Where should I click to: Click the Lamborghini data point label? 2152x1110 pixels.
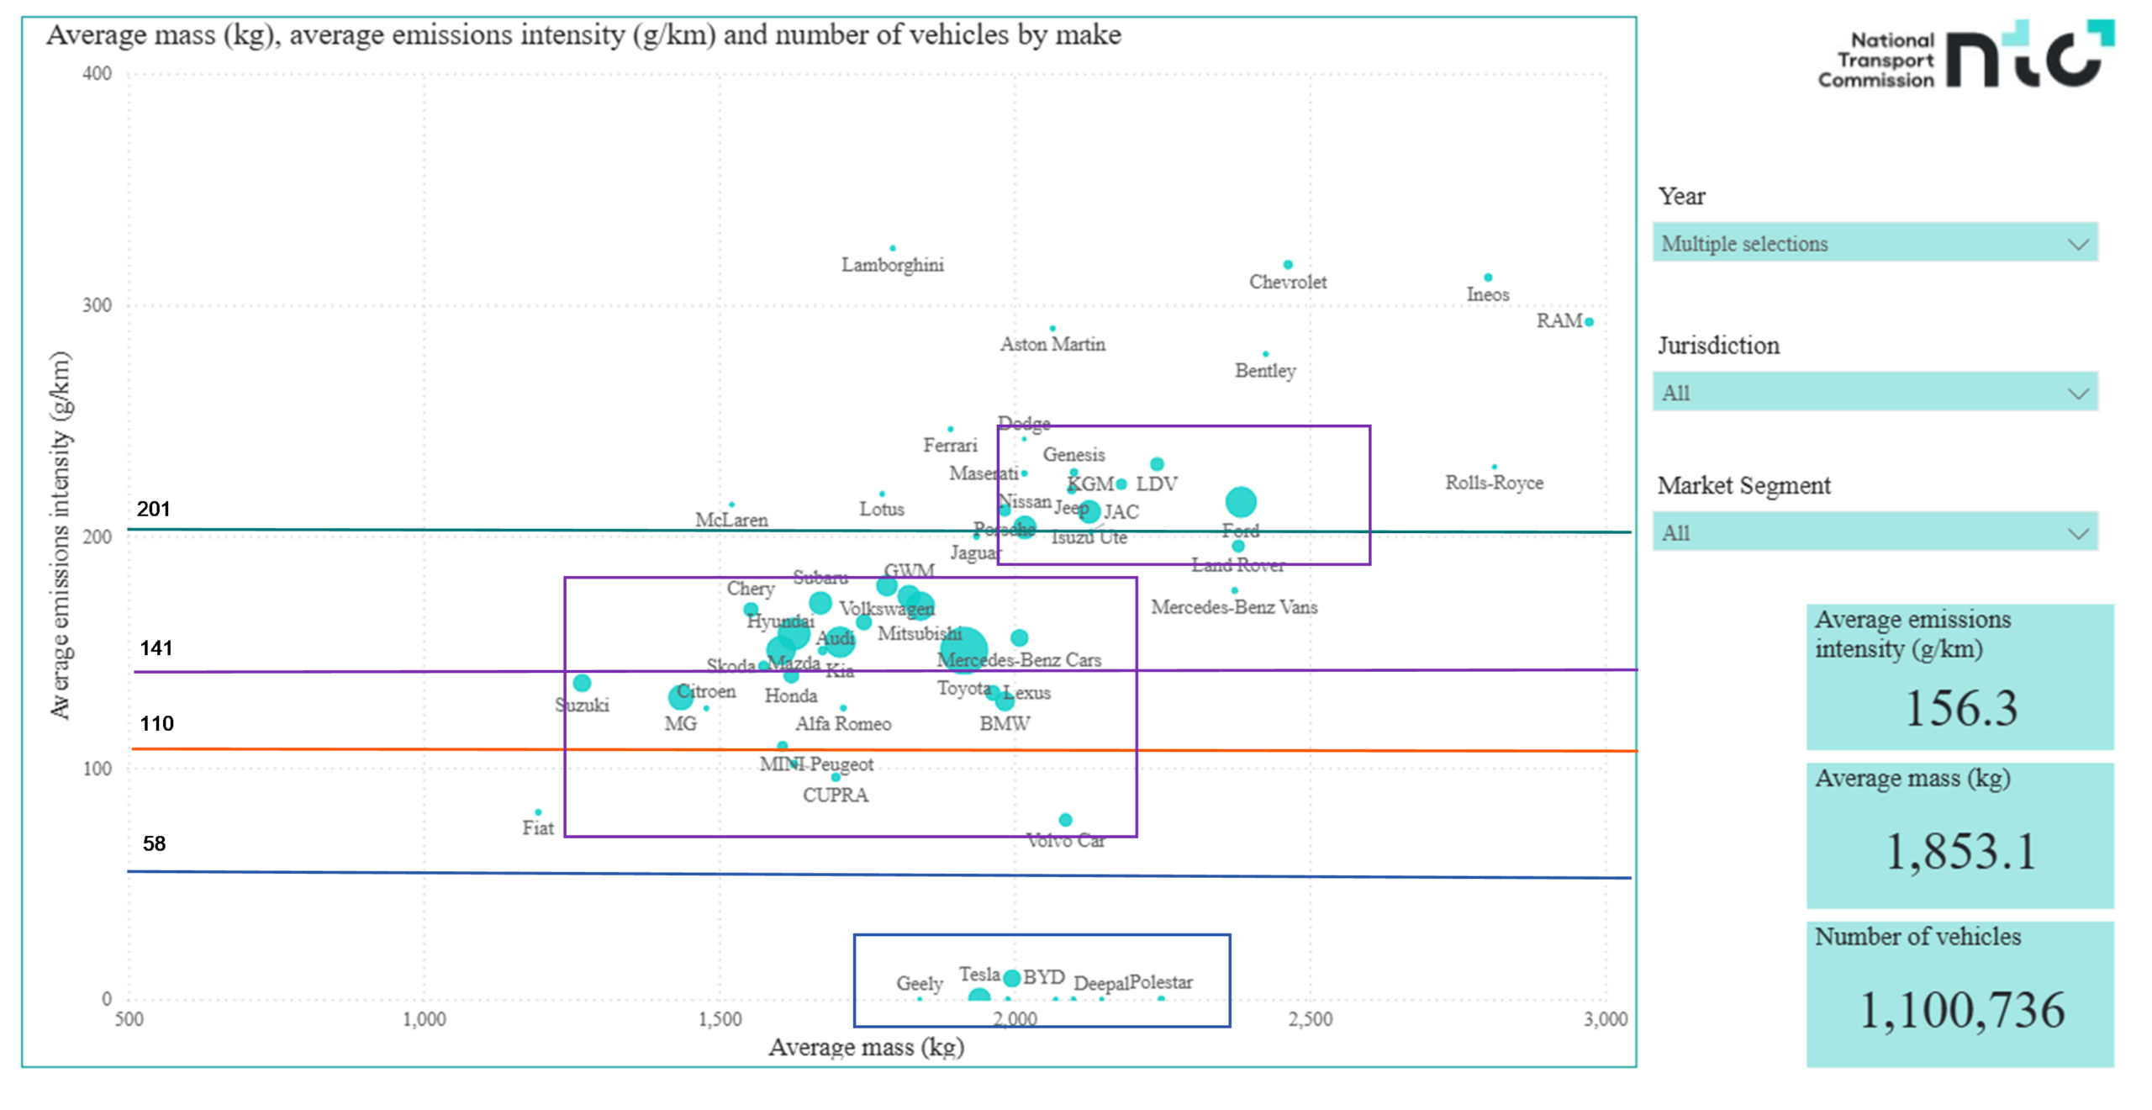click(x=892, y=265)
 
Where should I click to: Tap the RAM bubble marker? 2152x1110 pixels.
click(x=1589, y=321)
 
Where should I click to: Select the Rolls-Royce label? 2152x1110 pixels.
click(x=1494, y=483)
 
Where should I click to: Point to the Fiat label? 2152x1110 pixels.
click(x=538, y=827)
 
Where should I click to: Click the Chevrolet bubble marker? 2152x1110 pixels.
click(x=1288, y=265)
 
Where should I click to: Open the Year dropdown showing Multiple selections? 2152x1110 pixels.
click(x=1875, y=243)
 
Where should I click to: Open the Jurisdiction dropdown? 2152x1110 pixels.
click(x=1875, y=392)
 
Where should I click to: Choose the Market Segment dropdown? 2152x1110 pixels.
click(x=1875, y=532)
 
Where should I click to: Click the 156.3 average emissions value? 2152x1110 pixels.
click(x=1960, y=708)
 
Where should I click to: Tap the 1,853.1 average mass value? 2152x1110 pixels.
click(x=1960, y=851)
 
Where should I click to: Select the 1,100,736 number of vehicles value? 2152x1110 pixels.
click(x=1960, y=1010)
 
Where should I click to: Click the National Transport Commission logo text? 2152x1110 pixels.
click(x=1876, y=60)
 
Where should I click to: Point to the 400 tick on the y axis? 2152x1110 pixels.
click(x=97, y=73)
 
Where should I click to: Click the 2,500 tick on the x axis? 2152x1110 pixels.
click(x=1311, y=1019)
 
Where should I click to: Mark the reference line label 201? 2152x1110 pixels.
click(x=154, y=509)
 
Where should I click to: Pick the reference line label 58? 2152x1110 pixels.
click(x=154, y=843)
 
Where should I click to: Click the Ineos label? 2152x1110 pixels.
click(x=1487, y=294)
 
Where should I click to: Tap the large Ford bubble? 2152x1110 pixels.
click(x=1241, y=502)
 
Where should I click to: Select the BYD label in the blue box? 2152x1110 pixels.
click(x=1043, y=977)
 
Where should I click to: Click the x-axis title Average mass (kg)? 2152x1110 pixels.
click(x=866, y=1047)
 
